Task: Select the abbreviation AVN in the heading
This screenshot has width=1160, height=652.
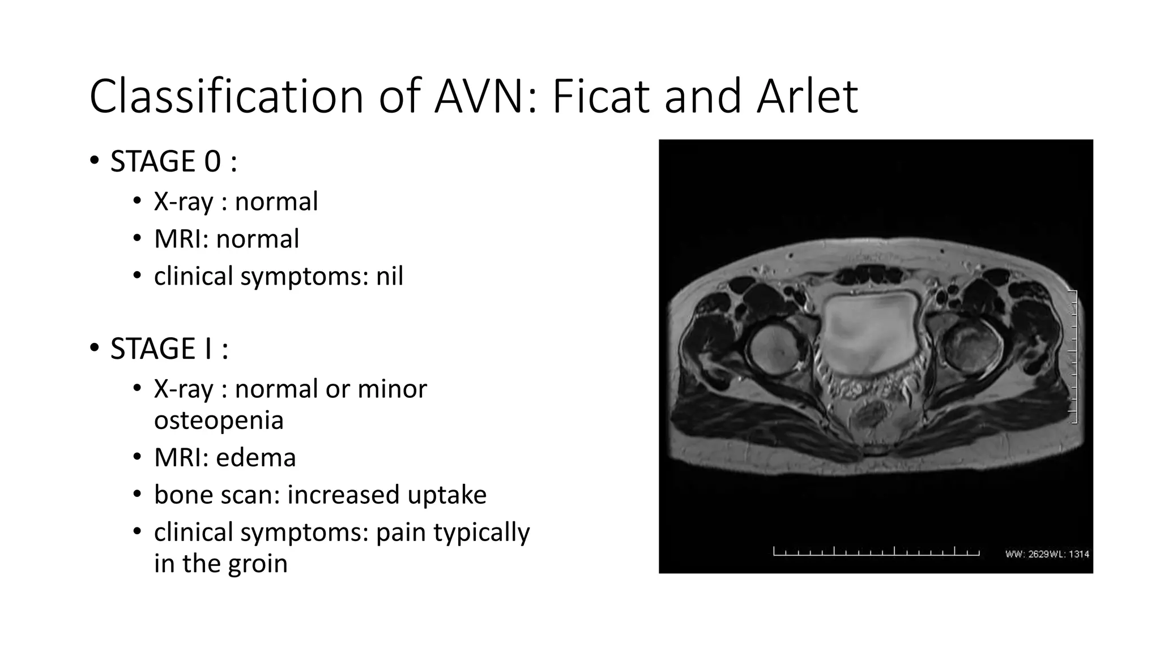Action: tap(485, 96)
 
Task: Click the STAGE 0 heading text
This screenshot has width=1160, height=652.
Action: tap(173, 161)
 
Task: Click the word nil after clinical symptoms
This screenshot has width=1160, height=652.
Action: tap(389, 276)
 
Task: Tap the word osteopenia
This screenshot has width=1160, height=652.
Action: tap(219, 420)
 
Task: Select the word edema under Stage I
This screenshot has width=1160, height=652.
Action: tap(256, 457)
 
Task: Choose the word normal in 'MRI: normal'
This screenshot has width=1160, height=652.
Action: tap(258, 239)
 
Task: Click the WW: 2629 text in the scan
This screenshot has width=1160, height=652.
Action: tap(1027, 554)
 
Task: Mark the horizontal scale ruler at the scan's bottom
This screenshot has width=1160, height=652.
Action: tap(876, 552)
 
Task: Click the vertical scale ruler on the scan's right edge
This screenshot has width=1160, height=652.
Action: tap(1073, 357)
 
